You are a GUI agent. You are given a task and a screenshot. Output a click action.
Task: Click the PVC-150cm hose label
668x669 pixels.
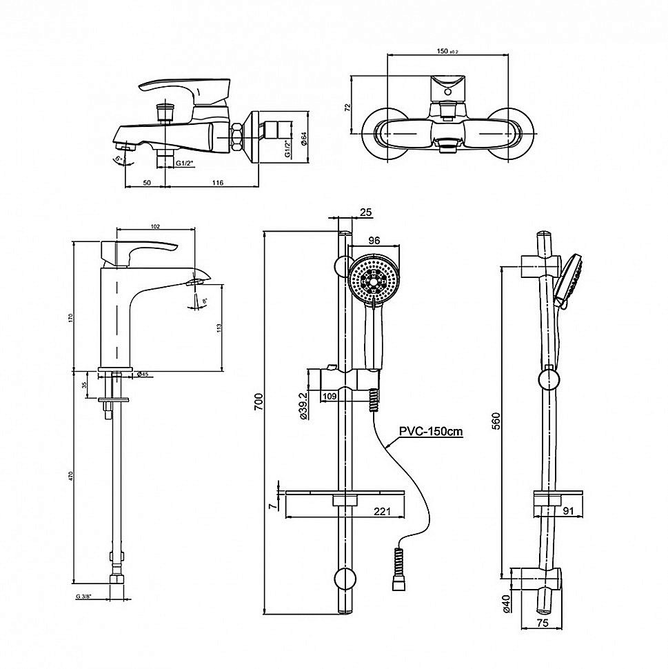(x=429, y=432)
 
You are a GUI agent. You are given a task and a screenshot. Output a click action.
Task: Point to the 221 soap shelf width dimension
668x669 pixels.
(x=383, y=511)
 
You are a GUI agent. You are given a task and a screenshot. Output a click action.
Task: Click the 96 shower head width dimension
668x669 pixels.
(x=375, y=241)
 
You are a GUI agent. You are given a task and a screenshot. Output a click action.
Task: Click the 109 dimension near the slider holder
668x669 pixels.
(x=329, y=396)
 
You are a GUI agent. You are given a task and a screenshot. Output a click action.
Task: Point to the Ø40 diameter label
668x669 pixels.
(x=507, y=602)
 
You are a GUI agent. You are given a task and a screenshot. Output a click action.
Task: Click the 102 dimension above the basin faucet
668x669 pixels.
(x=155, y=226)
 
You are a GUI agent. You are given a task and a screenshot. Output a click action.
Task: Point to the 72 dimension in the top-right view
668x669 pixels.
(x=349, y=107)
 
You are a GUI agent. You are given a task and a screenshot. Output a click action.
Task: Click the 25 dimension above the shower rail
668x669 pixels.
(x=366, y=212)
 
